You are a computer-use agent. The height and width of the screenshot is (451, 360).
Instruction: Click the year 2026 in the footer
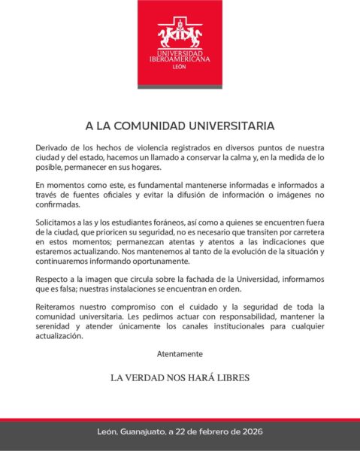(247, 432)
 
